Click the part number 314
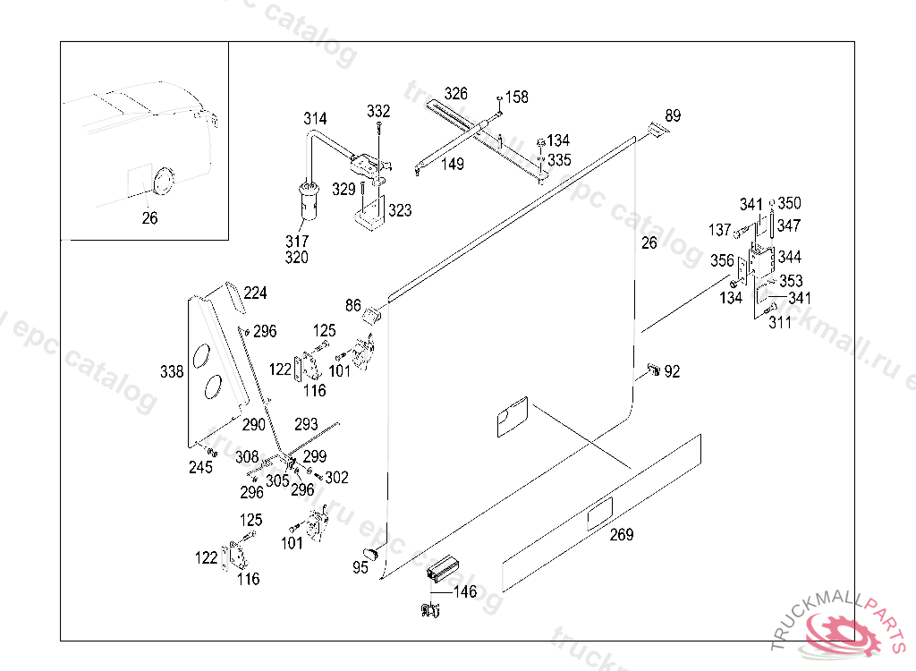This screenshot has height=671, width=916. coord(315,119)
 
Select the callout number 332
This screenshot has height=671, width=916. coord(378,112)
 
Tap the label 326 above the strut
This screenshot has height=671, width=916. coord(455,93)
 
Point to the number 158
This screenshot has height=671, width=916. coord(517,97)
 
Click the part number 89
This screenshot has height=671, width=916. coord(673,115)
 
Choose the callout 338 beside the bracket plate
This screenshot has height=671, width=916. coord(172,371)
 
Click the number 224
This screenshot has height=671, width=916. coord(255,293)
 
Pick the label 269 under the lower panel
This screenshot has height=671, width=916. coord(622,535)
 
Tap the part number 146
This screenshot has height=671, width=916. coord(465,591)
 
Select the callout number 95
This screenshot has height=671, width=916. coord(360,568)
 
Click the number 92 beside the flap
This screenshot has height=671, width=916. coord(672,371)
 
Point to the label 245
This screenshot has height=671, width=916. coord(200,468)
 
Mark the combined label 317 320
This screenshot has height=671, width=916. coord(297,250)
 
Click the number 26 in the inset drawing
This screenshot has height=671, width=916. coord(149,217)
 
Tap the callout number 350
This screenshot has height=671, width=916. coord(790,203)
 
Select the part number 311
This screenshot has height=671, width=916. coord(780,323)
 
